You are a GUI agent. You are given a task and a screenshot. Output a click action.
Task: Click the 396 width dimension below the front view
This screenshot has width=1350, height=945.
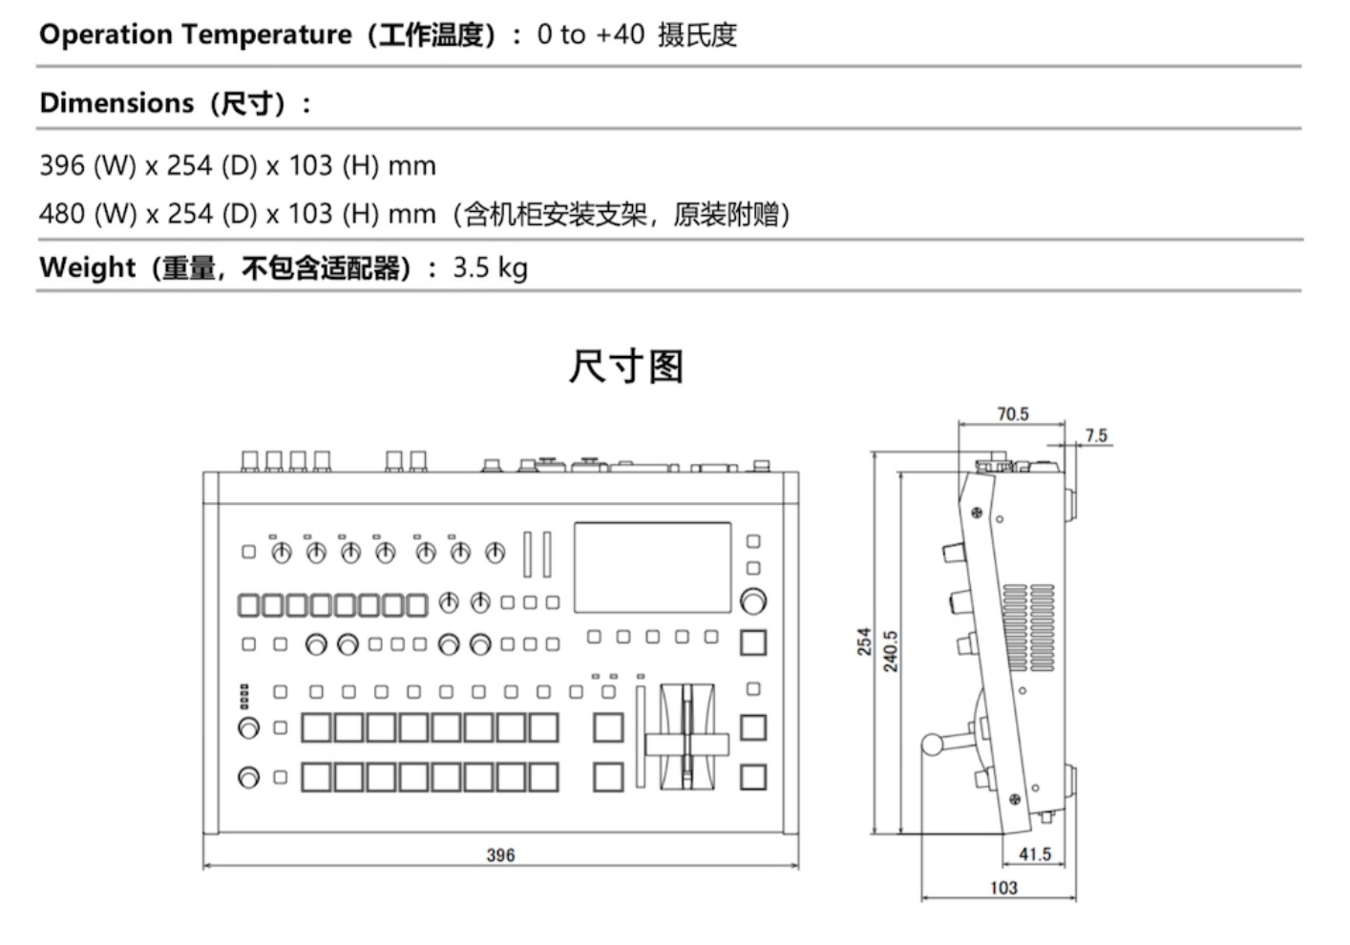pos(500,855)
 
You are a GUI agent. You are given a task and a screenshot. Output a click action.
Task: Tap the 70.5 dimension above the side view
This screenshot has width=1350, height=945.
pos(1012,414)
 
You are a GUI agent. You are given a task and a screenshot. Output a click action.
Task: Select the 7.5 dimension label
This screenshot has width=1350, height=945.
pos(1096,436)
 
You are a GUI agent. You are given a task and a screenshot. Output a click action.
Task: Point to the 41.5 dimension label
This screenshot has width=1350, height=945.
pos(1034,854)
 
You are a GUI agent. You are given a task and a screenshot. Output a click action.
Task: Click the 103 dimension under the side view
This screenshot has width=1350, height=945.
pos(1003,888)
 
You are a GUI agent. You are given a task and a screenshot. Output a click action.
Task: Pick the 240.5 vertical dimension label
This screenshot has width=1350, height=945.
pos(891,651)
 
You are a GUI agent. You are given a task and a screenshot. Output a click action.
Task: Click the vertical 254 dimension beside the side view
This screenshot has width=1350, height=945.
pos(864,640)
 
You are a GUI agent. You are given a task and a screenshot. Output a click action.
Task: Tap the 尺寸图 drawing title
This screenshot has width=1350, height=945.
pos(626,367)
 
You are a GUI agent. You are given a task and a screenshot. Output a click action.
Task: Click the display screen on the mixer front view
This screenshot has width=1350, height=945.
pos(652,567)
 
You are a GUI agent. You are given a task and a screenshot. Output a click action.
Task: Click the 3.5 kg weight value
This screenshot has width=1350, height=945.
pos(490,267)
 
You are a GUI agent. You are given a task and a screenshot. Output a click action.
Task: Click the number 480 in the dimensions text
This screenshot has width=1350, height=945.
pos(61,214)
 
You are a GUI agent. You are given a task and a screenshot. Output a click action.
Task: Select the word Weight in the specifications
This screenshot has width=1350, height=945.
pos(87,267)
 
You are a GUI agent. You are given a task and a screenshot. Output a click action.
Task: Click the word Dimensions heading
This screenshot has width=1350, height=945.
pos(116,103)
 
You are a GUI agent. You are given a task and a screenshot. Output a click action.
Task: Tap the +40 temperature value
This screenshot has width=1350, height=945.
pos(620,35)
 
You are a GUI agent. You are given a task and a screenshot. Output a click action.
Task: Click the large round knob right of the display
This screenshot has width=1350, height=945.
pos(752,601)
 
